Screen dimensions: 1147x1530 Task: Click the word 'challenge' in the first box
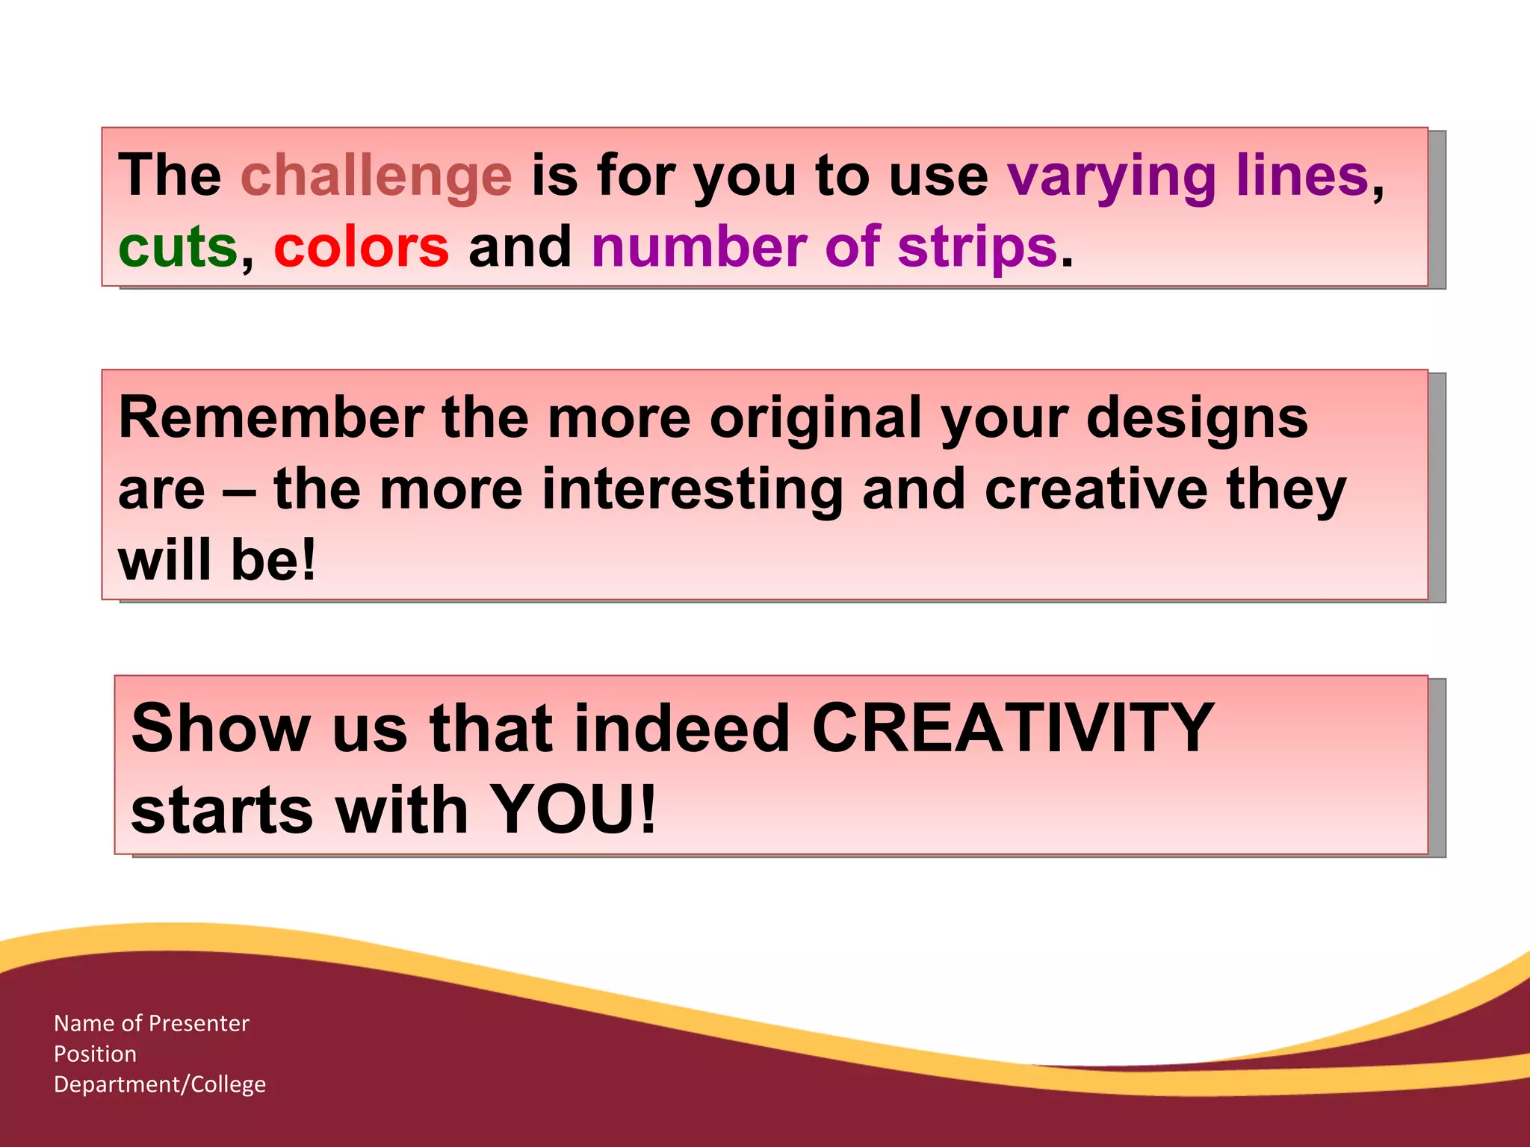376,176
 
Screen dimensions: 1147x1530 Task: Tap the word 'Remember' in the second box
271,417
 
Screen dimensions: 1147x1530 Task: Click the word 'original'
815,417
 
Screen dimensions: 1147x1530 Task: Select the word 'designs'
1197,417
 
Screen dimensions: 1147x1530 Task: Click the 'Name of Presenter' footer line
152,1023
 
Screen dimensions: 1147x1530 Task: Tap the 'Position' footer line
96,1054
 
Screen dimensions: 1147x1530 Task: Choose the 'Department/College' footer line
160,1084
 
